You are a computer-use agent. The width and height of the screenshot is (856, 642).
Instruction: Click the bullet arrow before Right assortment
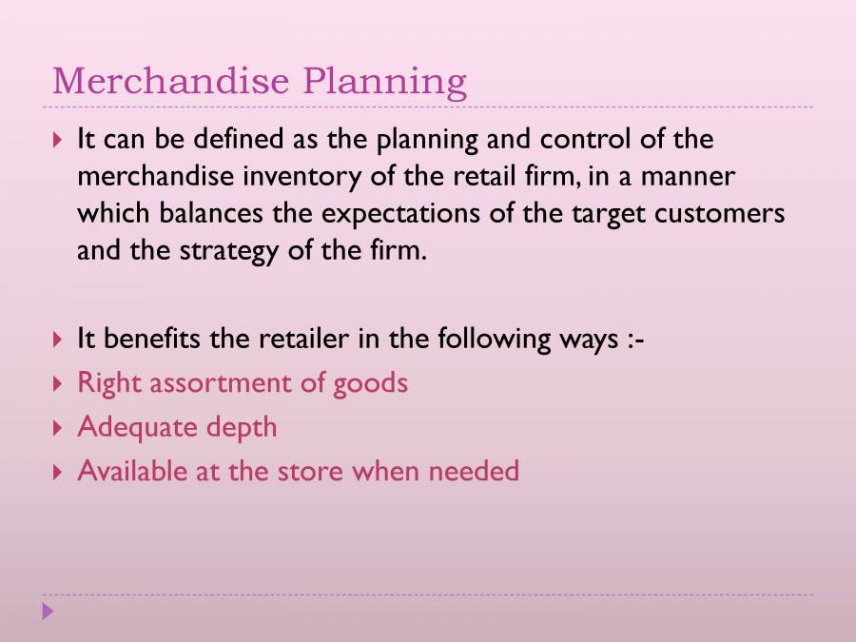58,384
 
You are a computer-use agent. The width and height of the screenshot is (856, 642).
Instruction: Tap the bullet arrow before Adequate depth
58,428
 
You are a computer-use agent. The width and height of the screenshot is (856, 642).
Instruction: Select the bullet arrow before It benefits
58,340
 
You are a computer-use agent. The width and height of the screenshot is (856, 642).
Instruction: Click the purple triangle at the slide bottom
49,612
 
